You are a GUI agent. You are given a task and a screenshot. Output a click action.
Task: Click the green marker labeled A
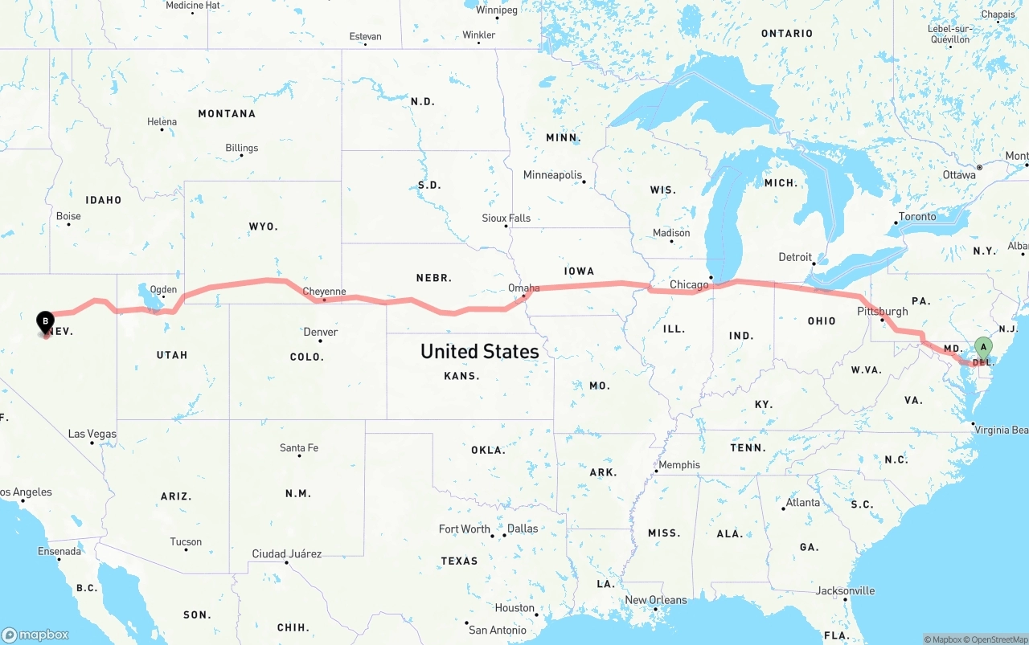pos(982,348)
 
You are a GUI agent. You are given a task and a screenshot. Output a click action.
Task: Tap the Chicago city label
pos(689,284)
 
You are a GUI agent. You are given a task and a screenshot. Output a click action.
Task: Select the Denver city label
pos(320,332)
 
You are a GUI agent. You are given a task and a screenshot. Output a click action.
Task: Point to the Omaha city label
pos(524,288)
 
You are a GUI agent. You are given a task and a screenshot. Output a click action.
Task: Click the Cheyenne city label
pos(324,292)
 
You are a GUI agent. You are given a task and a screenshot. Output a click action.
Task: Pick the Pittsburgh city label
pos(882,311)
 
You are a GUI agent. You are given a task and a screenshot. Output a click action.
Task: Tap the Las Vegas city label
pos(92,434)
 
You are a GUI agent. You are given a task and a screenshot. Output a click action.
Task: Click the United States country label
pos(479,351)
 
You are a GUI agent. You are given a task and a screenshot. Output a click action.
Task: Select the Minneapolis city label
pos(552,174)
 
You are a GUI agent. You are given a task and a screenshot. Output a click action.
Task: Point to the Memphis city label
pos(678,464)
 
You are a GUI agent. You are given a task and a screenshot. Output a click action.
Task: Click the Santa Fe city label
pos(298,447)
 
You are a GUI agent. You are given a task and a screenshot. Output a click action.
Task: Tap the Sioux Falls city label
pos(506,218)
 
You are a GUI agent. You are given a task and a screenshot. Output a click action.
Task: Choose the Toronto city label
pos(916,216)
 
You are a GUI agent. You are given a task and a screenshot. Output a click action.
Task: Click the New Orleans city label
pos(656,599)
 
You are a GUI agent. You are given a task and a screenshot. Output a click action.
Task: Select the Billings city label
pos(241,148)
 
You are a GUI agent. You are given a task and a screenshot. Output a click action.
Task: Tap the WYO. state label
pos(263,227)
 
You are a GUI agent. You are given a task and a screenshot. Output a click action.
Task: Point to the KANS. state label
pos(461,376)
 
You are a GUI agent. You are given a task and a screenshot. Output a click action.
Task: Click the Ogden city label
pos(163,289)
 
